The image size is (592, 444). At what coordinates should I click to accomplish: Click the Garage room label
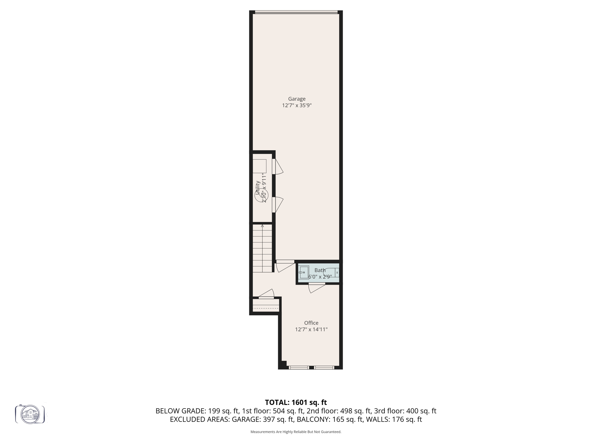297,99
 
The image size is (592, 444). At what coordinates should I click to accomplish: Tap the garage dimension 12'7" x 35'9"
297,106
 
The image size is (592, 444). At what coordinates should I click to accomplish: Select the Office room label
311,323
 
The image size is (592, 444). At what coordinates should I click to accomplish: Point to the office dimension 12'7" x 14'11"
311,330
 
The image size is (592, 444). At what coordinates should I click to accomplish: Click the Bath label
320,270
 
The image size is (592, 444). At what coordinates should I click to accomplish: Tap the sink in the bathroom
304,272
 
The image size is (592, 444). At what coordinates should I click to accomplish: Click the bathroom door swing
316,288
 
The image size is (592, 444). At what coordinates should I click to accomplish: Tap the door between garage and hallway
285,266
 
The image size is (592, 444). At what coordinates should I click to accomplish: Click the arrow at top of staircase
262,226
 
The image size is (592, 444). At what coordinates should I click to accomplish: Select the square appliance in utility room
259,166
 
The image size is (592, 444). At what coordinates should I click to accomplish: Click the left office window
299,368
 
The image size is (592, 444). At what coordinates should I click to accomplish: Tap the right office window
324,368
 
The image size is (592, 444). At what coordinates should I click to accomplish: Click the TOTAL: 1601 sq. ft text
296,402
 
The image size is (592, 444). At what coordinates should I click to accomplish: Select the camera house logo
30,414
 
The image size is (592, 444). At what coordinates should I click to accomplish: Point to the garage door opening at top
296,12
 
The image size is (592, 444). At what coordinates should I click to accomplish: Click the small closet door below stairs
267,294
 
